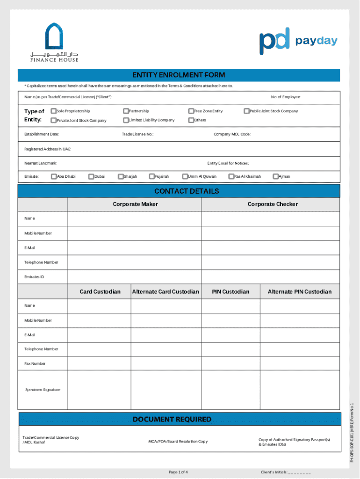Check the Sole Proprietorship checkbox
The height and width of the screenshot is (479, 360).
click(x=53, y=111)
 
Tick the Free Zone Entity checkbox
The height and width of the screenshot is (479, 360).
click(x=191, y=111)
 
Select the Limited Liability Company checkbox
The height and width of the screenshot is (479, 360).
click(x=126, y=120)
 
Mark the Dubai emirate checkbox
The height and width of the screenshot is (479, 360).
click(x=91, y=176)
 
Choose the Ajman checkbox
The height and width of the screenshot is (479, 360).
click(x=275, y=176)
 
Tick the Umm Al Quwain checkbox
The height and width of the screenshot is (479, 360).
click(x=185, y=176)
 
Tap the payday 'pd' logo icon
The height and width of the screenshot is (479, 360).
click(x=274, y=41)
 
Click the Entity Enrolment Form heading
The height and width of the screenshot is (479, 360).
click(x=179, y=75)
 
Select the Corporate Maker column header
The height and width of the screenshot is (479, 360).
click(x=135, y=204)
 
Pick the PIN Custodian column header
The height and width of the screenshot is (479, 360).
click(x=230, y=292)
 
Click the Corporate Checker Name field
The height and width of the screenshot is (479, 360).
click(x=270, y=218)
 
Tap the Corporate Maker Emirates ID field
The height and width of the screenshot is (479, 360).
click(x=135, y=277)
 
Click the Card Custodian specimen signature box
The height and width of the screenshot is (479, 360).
click(x=99, y=390)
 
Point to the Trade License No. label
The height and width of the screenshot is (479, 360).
click(x=137, y=134)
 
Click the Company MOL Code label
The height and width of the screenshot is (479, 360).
click(x=232, y=134)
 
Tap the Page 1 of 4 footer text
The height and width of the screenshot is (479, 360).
click(x=178, y=472)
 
